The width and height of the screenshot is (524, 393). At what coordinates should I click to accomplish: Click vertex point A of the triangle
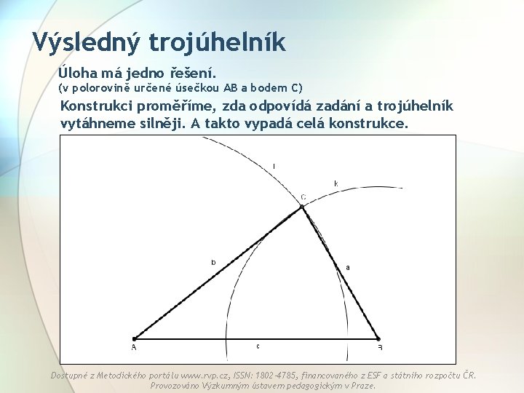[x=135, y=338]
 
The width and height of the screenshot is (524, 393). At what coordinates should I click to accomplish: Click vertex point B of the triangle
[x=378, y=338]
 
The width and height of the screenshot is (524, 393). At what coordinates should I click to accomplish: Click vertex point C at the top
[x=302, y=207]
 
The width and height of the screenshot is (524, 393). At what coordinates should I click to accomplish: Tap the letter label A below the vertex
[x=134, y=348]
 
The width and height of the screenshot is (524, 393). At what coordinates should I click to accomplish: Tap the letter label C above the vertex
[x=303, y=197]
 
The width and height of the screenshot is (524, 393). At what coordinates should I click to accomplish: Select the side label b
[x=213, y=262]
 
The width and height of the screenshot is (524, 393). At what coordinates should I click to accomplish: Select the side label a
[x=347, y=267]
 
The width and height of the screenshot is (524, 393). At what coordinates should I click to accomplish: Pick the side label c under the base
[x=258, y=346]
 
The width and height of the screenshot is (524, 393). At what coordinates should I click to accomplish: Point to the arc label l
[x=274, y=167]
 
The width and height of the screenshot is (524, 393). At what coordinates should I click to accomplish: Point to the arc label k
[x=336, y=183]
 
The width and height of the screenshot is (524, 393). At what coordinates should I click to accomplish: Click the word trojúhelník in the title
[x=218, y=41]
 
